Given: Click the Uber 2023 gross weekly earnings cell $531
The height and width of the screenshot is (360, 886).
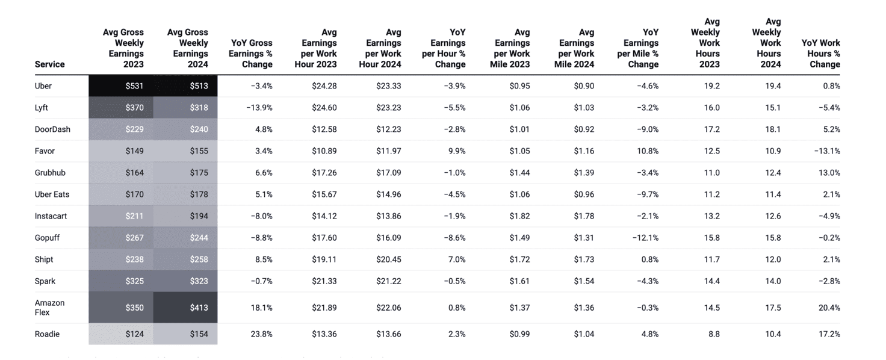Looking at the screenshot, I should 134,86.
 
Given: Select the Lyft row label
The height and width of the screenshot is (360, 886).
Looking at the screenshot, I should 42,108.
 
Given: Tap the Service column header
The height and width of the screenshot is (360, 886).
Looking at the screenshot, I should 49,64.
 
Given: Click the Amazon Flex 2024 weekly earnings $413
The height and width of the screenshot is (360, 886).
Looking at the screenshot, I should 199,308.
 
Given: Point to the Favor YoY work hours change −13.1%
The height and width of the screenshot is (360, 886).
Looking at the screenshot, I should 826,151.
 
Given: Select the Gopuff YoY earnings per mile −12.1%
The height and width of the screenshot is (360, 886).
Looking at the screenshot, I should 645,238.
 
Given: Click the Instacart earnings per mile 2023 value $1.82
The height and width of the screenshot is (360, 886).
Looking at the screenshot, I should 519,216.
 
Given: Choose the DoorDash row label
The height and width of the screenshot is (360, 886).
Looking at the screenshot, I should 52,129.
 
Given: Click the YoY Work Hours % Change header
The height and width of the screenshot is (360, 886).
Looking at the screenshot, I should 820,54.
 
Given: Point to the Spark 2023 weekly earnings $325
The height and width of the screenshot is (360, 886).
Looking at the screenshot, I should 134,281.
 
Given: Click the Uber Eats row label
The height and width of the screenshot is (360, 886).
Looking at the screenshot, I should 52,194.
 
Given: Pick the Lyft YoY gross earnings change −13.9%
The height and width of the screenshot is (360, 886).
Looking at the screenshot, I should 259,108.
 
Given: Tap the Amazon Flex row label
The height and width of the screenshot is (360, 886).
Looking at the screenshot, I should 49,308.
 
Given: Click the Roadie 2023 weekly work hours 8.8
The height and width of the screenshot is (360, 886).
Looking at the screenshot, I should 713,334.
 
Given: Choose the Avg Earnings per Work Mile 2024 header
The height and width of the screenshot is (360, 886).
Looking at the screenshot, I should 576,48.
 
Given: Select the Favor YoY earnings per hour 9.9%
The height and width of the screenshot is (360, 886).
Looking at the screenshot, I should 456,151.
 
